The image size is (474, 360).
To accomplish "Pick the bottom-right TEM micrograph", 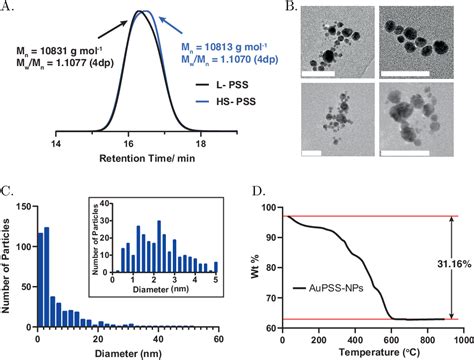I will pyautogui.click(x=418, y=124).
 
